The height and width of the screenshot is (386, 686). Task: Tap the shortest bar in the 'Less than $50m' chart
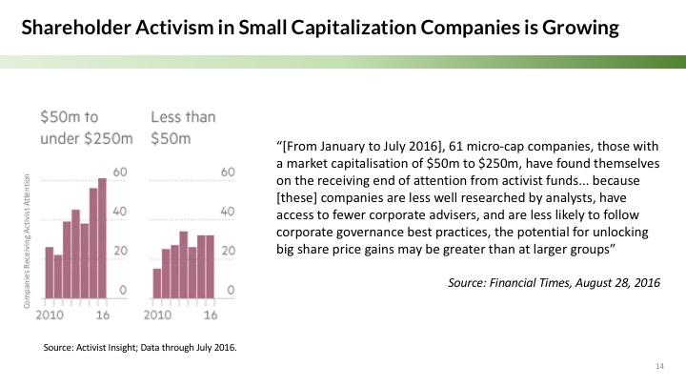coord(157,282)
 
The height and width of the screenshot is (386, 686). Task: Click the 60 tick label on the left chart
coord(123,173)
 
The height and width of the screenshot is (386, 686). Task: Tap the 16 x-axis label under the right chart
coord(212,314)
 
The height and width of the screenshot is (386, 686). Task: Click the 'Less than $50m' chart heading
coord(183,129)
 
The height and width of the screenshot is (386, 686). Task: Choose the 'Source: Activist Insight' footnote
coord(140,347)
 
